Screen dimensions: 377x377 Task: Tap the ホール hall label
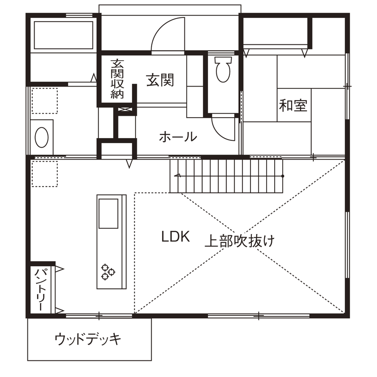click(x=178, y=136)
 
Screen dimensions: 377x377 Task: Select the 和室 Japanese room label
click(x=293, y=105)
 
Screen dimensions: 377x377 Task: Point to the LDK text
click(x=176, y=237)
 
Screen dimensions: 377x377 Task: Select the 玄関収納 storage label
click(x=117, y=79)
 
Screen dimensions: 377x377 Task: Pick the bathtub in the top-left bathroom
click(x=63, y=34)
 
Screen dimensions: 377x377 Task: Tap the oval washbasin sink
click(x=42, y=137)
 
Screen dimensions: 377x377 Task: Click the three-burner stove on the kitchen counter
click(x=108, y=271)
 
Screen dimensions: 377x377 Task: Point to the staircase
click(x=227, y=175)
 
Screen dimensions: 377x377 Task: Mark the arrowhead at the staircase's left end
click(x=177, y=175)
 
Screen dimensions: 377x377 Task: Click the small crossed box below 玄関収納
click(x=126, y=109)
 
